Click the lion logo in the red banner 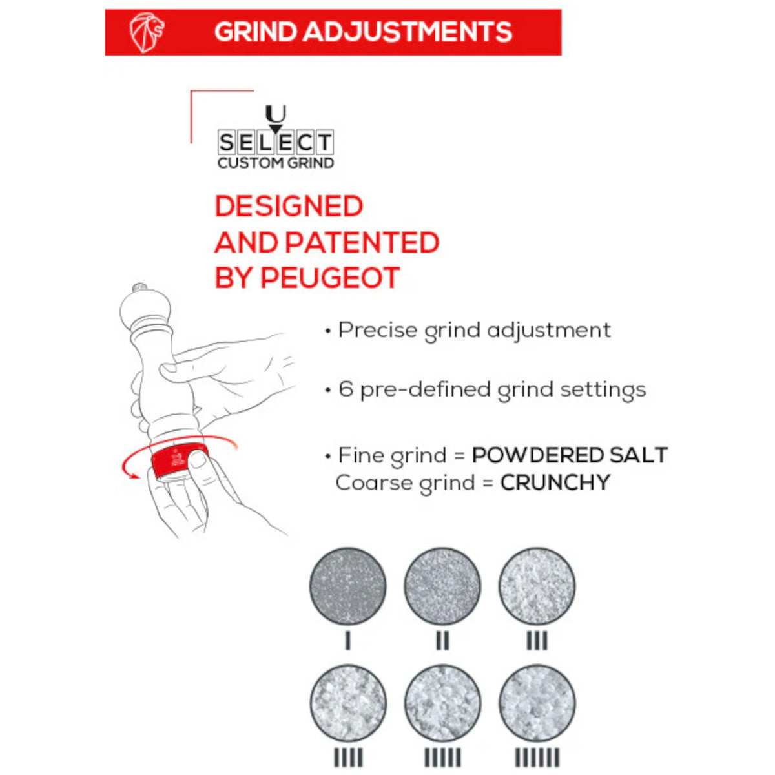coord(147,32)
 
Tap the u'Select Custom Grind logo coord(275,139)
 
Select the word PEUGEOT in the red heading coord(330,278)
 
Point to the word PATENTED coord(362,243)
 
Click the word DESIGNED coord(289,207)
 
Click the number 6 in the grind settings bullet coord(346,389)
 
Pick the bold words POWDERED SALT coord(570,455)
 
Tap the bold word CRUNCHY coord(555,482)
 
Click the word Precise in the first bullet coord(378,330)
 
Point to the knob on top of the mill coord(139,287)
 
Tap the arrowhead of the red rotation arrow coord(134,476)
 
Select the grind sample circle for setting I coord(348,586)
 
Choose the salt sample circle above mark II coord(442,586)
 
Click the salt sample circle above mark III coord(537,586)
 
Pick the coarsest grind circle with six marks coord(537,703)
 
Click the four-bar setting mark coord(348,757)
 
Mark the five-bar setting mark coord(442,757)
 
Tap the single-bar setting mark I coord(348,641)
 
